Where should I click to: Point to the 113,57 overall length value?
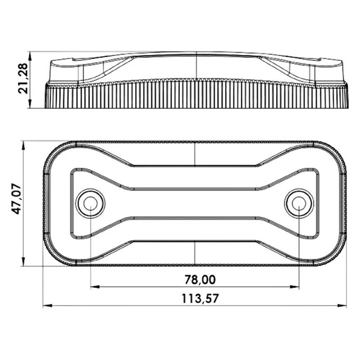point(199,298)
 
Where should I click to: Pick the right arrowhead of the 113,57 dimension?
point(344,306)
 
